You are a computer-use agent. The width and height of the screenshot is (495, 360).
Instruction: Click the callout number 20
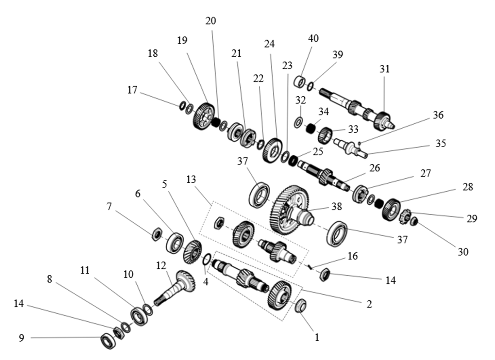click(211, 21)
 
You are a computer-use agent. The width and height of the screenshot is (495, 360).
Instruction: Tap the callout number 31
click(384, 69)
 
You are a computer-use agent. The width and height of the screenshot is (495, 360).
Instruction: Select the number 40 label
click(313, 38)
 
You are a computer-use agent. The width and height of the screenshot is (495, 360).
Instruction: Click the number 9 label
click(21, 337)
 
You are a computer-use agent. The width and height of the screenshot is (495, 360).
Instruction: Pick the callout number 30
click(463, 252)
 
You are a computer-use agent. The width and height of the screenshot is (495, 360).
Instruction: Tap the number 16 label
click(353, 256)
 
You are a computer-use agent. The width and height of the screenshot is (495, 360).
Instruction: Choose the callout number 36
click(438, 115)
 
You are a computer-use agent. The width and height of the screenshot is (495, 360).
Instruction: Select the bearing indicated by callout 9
click(108, 341)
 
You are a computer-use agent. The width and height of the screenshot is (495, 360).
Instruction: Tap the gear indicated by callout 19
click(205, 115)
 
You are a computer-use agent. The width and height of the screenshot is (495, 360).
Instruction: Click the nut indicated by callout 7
click(157, 234)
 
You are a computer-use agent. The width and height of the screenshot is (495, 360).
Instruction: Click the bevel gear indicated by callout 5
click(193, 252)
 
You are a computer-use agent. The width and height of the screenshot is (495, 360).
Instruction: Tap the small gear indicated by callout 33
click(324, 135)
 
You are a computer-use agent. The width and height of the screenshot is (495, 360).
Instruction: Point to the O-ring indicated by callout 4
click(207, 259)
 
